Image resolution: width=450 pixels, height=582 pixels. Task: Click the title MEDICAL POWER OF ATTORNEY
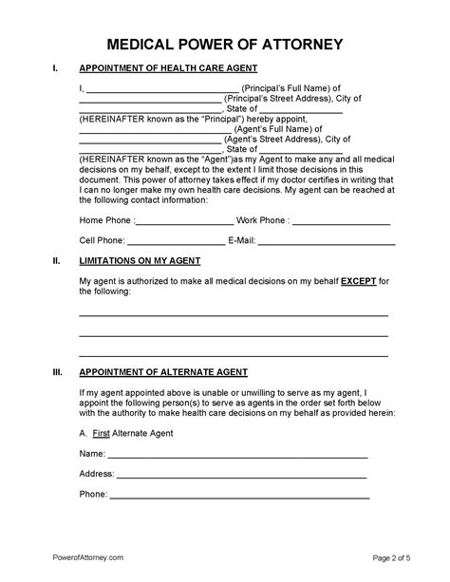(x=225, y=44)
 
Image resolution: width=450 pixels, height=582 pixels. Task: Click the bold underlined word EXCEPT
(x=359, y=282)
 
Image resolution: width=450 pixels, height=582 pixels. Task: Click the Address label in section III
(x=96, y=474)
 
